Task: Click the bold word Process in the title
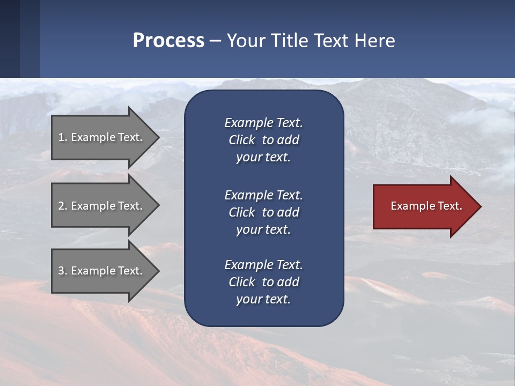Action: (168, 41)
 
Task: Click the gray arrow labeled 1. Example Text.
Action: (100, 137)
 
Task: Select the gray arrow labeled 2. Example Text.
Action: (100, 206)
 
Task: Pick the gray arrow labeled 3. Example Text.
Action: (100, 271)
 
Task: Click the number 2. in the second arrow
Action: (63, 206)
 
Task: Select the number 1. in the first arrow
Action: (63, 137)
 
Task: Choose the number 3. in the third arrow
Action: (63, 271)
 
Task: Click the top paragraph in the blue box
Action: (263, 140)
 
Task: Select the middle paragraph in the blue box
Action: (263, 212)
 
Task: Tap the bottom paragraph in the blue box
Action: (263, 282)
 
